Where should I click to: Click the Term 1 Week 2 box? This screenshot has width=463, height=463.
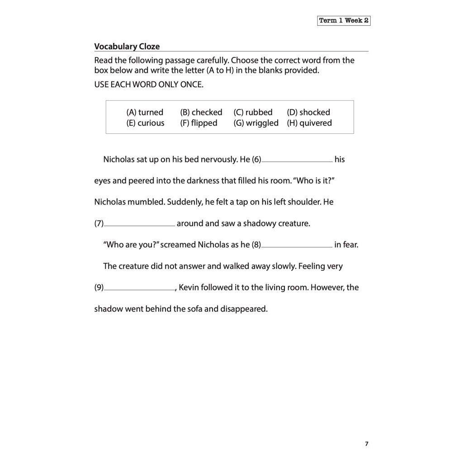point(344,21)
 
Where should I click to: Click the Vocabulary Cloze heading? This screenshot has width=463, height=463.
point(127,47)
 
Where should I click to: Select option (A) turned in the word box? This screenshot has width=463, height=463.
point(145,112)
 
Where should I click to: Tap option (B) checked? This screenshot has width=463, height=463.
point(201,112)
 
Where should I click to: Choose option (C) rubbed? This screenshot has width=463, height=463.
point(253,112)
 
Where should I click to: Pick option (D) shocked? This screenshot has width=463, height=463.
point(308,112)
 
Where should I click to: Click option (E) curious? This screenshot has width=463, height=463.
point(146,123)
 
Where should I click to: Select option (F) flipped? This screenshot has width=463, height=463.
point(199,123)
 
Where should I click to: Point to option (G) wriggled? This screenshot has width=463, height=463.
point(256,123)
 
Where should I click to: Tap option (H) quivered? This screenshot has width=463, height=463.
point(309,123)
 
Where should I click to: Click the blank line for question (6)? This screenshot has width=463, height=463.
point(297,161)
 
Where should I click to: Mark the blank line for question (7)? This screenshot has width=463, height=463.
point(140,225)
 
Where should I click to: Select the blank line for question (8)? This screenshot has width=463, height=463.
point(297,246)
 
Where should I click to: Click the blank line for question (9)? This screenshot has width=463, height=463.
point(140,288)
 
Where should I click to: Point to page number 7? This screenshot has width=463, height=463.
point(367,444)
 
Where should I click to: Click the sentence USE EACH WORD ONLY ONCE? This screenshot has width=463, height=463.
point(149,85)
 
